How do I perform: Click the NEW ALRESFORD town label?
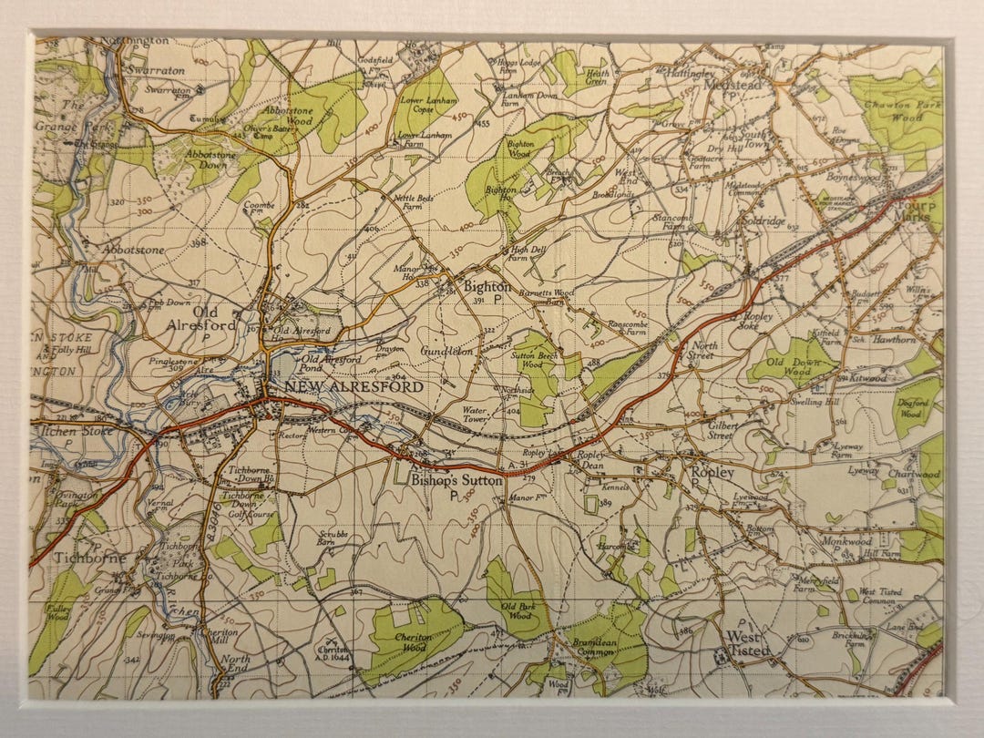(x=354, y=387)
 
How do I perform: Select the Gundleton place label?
(x=447, y=351)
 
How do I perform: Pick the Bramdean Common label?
(x=595, y=648)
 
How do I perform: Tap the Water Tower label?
(x=477, y=415)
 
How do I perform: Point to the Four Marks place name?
(x=913, y=211)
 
